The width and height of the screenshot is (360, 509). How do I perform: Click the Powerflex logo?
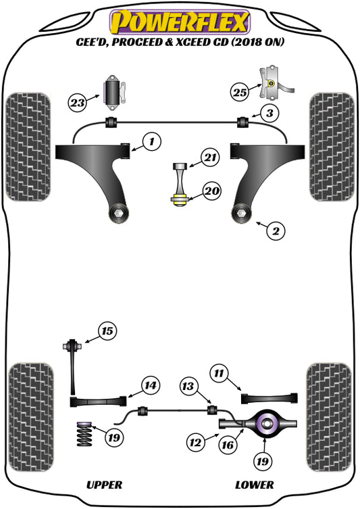pyautogui.click(x=180, y=20)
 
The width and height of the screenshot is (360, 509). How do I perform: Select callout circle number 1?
pyautogui.click(x=152, y=141)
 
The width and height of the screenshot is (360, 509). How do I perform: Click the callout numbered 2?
pyautogui.click(x=275, y=231)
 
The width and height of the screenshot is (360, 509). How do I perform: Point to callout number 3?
pyautogui.click(x=269, y=113)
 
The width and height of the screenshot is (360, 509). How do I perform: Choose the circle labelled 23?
pyautogui.click(x=78, y=103)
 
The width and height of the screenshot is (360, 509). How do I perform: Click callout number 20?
pyautogui.click(x=211, y=191)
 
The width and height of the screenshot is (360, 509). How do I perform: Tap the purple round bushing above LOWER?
pyautogui.click(x=267, y=424)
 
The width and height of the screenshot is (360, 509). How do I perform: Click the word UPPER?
pyautogui.click(x=104, y=485)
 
